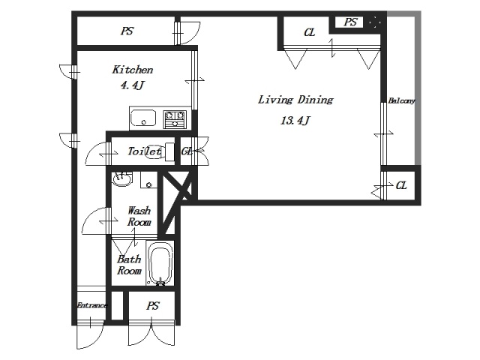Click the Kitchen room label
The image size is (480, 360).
[133, 70]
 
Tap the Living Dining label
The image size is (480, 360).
[295, 100]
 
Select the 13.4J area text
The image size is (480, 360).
[295, 121]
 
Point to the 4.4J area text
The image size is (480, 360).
[132, 85]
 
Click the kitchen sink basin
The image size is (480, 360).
[143, 118]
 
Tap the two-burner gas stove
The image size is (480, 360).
[175, 118]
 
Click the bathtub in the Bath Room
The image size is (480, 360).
[160, 263]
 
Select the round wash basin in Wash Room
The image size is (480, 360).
[122, 178]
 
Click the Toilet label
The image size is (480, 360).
[144, 151]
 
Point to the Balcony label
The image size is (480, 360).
[401, 100]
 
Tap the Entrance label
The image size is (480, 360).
[91, 305]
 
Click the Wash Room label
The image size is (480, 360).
[139, 216]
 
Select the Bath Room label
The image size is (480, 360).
[130, 265]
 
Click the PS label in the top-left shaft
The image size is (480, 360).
[127, 31]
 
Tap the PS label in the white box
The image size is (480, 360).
[350, 22]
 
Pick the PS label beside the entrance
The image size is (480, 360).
[152, 305]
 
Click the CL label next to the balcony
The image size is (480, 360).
[401, 185]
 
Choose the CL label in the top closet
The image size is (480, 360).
[310, 32]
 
